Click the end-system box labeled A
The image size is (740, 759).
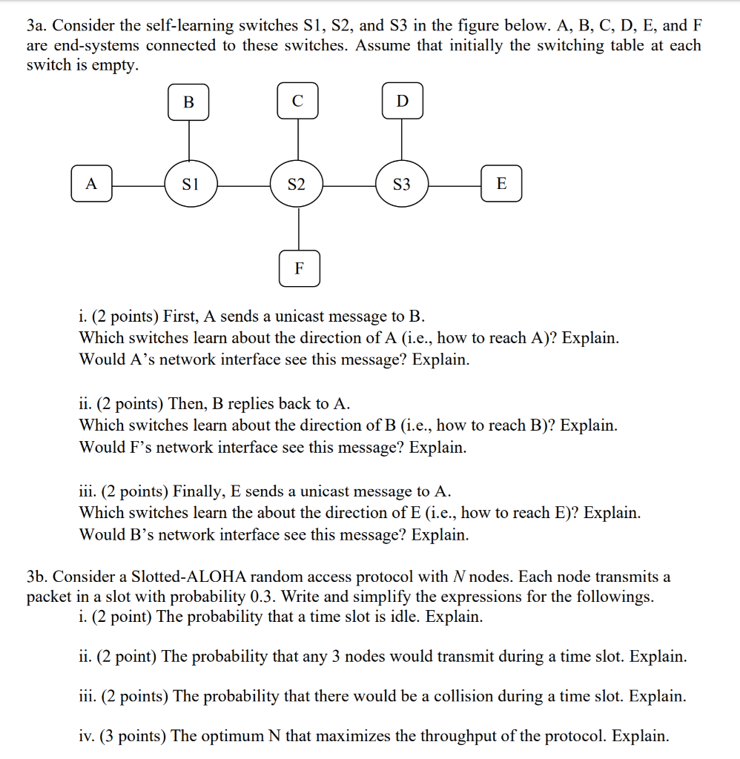click(91, 184)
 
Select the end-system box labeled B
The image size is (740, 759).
click(188, 102)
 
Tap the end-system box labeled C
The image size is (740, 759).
click(298, 102)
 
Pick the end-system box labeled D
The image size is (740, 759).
click(403, 102)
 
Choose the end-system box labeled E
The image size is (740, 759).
click(501, 184)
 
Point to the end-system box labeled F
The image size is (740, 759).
click(299, 268)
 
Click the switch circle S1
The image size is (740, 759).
click(190, 184)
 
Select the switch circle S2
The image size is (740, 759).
click(297, 184)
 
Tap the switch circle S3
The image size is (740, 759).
click(401, 184)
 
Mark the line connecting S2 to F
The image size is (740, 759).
click(299, 230)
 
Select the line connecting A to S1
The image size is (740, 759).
click(138, 185)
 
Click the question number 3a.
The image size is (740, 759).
click(36, 26)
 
